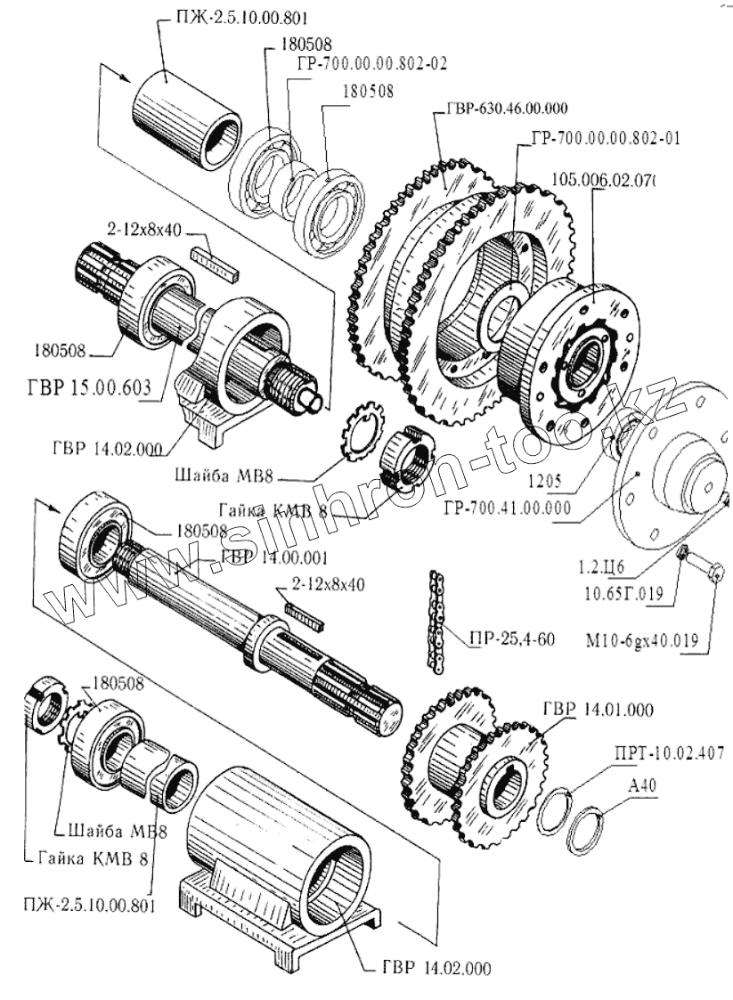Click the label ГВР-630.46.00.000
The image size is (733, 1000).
pyautogui.click(x=503, y=110)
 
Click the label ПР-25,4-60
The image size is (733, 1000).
pyautogui.click(x=500, y=639)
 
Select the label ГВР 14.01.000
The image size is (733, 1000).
pyautogui.click(x=598, y=710)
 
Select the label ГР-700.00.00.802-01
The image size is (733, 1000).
pyautogui.click(x=605, y=138)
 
